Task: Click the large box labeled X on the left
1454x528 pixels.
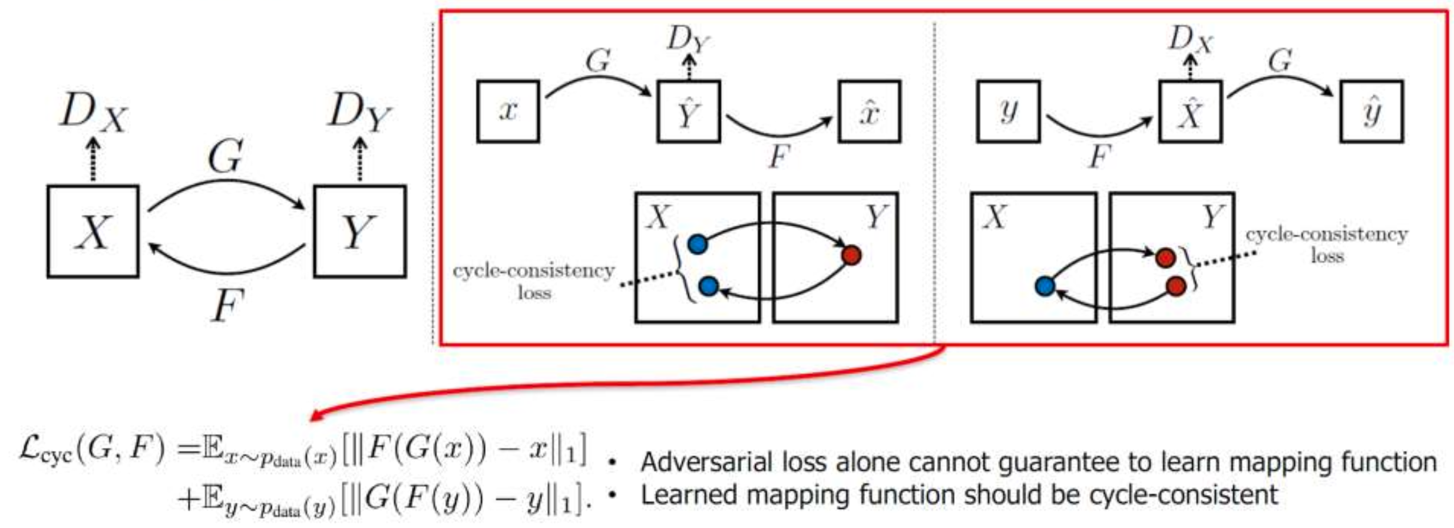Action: point(93,231)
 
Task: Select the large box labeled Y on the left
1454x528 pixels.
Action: point(359,231)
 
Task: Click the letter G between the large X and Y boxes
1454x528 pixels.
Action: point(225,156)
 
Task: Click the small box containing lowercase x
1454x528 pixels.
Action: point(508,111)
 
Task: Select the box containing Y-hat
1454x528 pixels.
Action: point(688,111)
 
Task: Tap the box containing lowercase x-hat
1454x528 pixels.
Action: point(870,111)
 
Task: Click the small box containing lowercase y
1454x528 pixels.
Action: point(1008,111)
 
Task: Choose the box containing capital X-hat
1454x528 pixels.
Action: point(1190,111)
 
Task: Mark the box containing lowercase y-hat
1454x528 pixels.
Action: point(1372,111)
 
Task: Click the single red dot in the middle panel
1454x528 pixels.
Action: point(851,255)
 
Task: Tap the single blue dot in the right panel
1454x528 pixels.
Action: point(1045,286)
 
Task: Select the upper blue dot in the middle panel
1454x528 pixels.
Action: point(698,243)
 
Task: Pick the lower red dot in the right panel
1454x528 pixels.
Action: point(1176,286)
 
